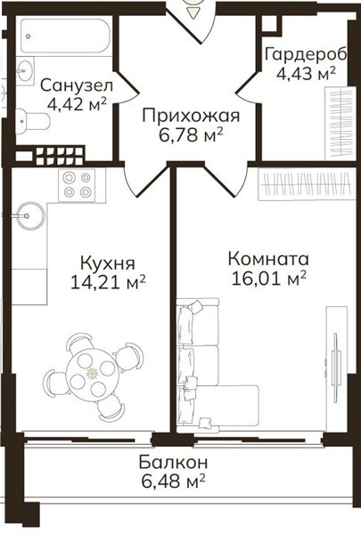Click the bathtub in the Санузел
[66, 36]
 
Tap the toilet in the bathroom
[33, 121]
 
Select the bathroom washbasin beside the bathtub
[26, 71]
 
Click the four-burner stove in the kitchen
[78, 185]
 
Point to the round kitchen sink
[30, 215]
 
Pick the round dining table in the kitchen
[93, 373]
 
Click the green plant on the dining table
[92, 374]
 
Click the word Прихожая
[191, 116]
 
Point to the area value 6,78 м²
[191, 135]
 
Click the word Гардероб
[306, 55]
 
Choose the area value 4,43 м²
[306, 74]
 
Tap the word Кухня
[108, 263]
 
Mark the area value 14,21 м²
[108, 282]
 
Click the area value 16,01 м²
[268, 279]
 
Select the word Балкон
[173, 463]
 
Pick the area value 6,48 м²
[173, 481]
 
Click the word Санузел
[77, 85]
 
